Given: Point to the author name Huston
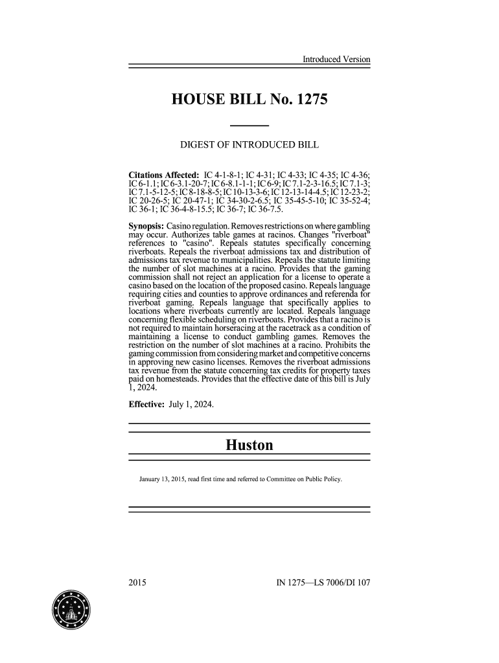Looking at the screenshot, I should tap(250, 445).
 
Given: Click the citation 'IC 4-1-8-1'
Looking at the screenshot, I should tap(226, 175).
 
